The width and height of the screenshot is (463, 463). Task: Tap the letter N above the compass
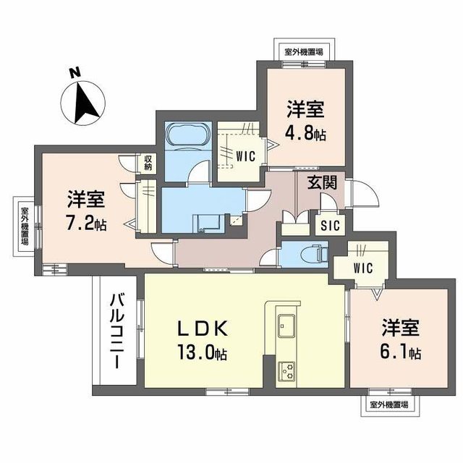(73, 73)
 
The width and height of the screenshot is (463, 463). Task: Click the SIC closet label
(329, 225)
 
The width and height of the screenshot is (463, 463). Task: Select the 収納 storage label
(148, 163)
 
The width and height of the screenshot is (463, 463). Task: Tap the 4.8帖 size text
(305, 134)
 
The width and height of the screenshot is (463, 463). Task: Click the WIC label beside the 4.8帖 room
(244, 153)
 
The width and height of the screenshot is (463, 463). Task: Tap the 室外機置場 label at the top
(304, 52)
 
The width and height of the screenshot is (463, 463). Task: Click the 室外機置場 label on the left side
(24, 226)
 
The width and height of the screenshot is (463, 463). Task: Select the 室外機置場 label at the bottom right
(388, 404)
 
